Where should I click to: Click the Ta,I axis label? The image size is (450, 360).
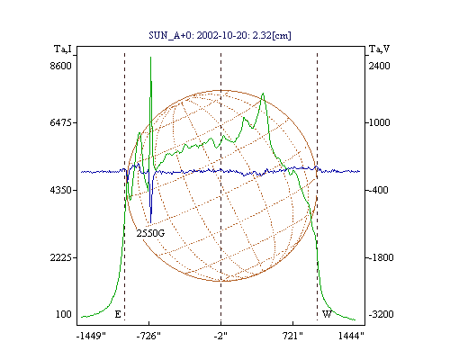pyautogui.click(x=63, y=49)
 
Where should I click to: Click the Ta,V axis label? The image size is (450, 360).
pyautogui.click(x=379, y=49)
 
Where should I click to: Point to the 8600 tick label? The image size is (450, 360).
pyautogui.click(x=60, y=66)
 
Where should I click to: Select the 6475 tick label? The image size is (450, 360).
pyautogui.click(x=60, y=122)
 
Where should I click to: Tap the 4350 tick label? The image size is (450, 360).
pyautogui.click(x=60, y=190)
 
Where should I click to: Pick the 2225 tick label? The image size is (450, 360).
pyautogui.click(x=60, y=257)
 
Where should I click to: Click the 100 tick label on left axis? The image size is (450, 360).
pyautogui.click(x=64, y=314)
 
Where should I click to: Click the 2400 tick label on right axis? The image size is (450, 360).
pyautogui.click(x=380, y=66)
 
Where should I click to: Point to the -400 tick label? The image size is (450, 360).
pyautogui.click(x=378, y=190)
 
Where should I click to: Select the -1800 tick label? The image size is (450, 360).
pyautogui.click(x=381, y=257)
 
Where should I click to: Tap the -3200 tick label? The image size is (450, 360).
pyautogui.click(x=381, y=314)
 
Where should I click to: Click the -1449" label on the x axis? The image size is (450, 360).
pyautogui.click(x=91, y=336)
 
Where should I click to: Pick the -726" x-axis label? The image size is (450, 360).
pyautogui.click(x=148, y=336)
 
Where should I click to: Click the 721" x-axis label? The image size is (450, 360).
pyautogui.click(x=292, y=336)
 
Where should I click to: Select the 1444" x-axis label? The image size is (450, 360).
pyautogui.click(x=351, y=336)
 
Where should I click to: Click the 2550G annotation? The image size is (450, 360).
pyautogui.click(x=150, y=233)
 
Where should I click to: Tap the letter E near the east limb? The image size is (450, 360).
pyautogui.click(x=118, y=314)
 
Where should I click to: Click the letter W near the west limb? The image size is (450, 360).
pyautogui.click(x=327, y=314)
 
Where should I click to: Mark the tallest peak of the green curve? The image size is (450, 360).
pyautogui.click(x=150, y=57)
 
